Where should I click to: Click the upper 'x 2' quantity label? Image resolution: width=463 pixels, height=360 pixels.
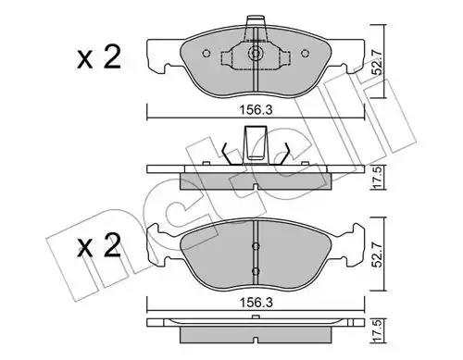(x=99, y=57)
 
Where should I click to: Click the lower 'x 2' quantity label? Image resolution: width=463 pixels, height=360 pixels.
(x=99, y=246)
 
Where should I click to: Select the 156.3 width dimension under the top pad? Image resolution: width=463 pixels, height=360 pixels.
(x=257, y=110)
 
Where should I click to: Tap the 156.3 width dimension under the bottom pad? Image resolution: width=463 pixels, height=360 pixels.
(x=257, y=303)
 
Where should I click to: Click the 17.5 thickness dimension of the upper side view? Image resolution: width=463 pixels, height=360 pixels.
(x=379, y=178)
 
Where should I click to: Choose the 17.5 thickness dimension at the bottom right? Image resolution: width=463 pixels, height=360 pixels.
(x=379, y=330)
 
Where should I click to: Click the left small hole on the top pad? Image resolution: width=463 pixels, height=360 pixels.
(x=206, y=54)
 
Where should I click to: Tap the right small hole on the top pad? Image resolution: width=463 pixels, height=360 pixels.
(x=305, y=54)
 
